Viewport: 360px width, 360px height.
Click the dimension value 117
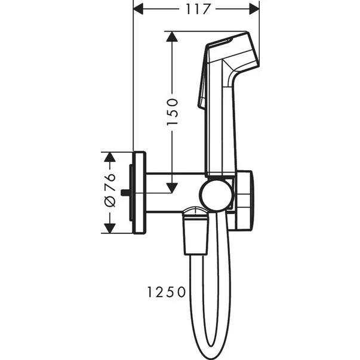[x=196, y=9]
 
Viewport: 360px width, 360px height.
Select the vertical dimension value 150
[x=172, y=110]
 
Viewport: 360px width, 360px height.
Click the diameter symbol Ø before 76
[x=109, y=202]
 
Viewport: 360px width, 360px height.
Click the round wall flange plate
[x=139, y=192]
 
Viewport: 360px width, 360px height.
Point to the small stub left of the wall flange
[x=125, y=192]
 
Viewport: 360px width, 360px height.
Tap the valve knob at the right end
[x=245, y=200]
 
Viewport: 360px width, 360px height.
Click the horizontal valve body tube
[x=173, y=192]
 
